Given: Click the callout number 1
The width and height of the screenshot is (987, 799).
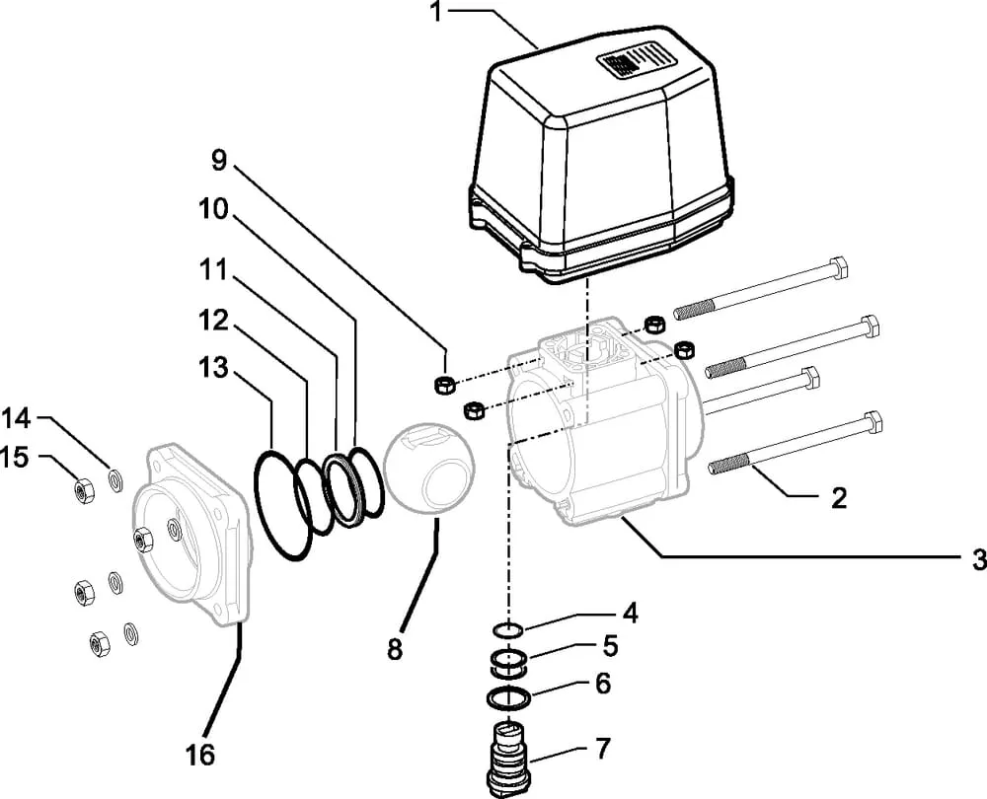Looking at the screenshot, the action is point(436,11).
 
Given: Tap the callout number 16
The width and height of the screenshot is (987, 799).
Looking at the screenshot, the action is point(200,755).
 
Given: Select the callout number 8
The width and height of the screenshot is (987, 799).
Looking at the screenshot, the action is point(395,649).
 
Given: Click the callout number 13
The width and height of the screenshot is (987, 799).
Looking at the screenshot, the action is point(213,367).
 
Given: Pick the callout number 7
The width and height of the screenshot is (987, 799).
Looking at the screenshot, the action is point(602,748).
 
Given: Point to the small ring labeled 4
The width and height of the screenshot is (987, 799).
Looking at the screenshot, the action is point(507,628).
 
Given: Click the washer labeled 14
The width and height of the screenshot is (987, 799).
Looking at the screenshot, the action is point(116,481).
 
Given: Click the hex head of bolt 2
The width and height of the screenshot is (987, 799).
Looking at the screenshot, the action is point(873,422).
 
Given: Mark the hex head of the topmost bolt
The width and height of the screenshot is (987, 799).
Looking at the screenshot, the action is point(841,267).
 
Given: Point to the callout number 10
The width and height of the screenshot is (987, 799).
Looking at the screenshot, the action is point(213,209).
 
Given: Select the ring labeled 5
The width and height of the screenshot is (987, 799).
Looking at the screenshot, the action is point(508,664).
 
